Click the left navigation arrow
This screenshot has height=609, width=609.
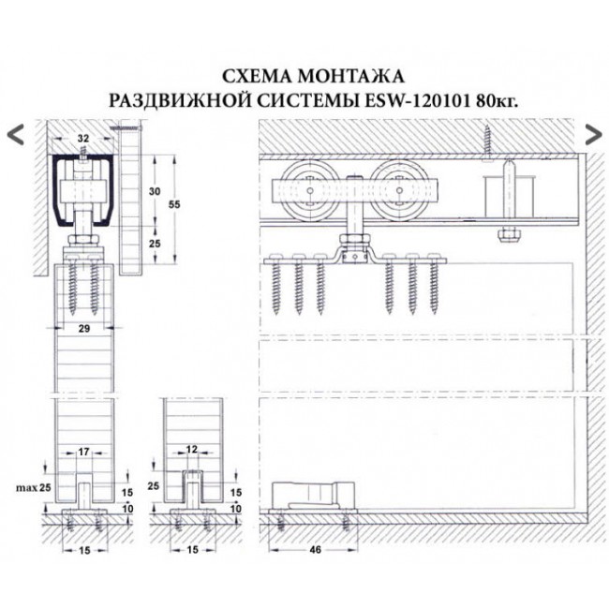tap(15, 133)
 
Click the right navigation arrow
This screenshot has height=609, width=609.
tap(592, 133)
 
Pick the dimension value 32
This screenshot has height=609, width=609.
tap(83, 140)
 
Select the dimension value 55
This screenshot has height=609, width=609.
tap(190, 203)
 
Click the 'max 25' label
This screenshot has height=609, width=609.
tap(31, 487)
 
